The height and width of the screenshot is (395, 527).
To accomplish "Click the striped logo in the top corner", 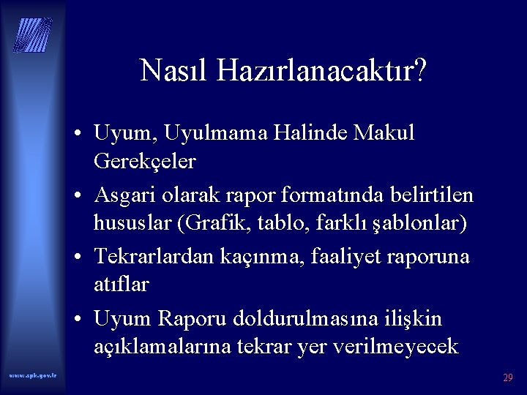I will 33,35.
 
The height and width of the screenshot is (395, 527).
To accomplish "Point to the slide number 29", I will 507,378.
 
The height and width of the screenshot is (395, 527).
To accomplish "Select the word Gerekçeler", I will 145,162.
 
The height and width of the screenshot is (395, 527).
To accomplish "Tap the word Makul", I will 388,135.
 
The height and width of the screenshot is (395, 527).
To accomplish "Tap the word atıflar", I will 122,284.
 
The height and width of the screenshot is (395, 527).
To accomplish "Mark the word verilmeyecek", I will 396,345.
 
